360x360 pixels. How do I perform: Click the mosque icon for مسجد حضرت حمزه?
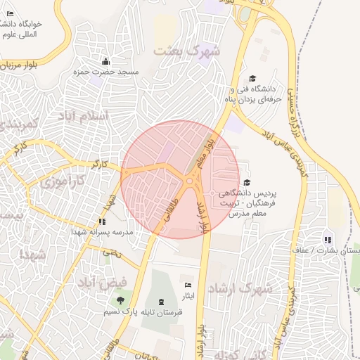(x=105, y=61)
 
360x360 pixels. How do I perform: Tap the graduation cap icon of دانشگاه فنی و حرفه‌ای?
(x=253, y=79)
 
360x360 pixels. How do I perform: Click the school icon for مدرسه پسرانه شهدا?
(x=103, y=221)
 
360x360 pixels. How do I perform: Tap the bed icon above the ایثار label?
(x=187, y=285)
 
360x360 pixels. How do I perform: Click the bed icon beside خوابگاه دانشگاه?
(x=10, y=13)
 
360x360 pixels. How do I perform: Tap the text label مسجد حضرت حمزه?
(x=108, y=72)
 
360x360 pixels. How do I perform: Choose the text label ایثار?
(x=187, y=296)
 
